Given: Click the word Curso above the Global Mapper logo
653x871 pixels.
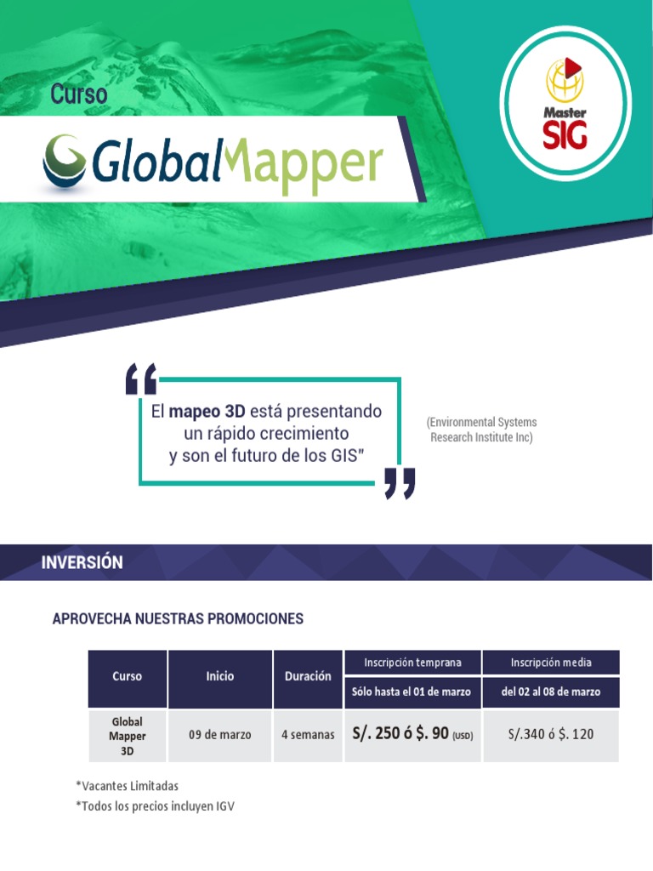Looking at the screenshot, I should pyautogui.click(x=79, y=94).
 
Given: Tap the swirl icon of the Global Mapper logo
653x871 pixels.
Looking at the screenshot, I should pyautogui.click(x=64, y=161).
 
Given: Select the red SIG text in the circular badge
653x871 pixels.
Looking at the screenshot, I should pyautogui.click(x=565, y=134).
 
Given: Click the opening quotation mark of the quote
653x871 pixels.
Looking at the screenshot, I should pyautogui.click(x=140, y=379).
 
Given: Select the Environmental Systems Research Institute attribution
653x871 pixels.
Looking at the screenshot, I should pyautogui.click(x=482, y=430).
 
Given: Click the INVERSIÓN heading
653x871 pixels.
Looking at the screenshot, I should pyautogui.click(x=82, y=562).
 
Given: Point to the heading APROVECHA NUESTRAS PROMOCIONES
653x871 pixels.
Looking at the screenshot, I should pyautogui.click(x=178, y=618).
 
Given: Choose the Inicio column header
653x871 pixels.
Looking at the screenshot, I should pyautogui.click(x=219, y=676).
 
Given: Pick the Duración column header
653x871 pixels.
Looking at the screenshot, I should pyautogui.click(x=308, y=676).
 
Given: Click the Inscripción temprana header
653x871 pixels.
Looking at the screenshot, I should pyautogui.click(x=412, y=662).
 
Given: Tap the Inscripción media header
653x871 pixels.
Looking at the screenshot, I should pyautogui.click(x=551, y=662).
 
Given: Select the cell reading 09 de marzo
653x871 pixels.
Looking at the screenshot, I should pyautogui.click(x=219, y=734).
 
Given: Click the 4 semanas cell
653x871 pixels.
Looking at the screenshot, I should pyautogui.click(x=308, y=734).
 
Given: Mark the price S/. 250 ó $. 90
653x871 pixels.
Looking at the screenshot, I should pyautogui.click(x=400, y=734).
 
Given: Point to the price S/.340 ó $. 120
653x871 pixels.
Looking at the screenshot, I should pyautogui.click(x=551, y=734).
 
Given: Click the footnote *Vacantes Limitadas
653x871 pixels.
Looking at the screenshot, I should pyautogui.click(x=128, y=786).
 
